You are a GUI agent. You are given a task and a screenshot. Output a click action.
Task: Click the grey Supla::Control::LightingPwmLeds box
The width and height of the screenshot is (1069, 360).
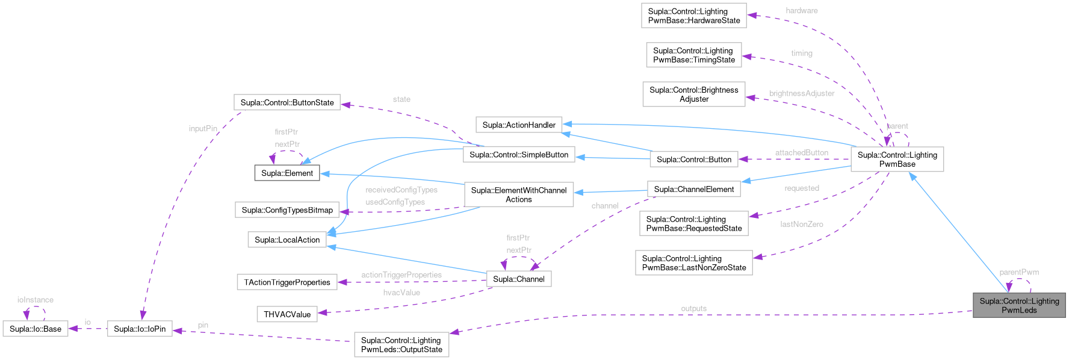coord(1018,306)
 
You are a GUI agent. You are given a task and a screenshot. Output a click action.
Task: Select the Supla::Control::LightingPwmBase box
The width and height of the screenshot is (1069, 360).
coord(897,160)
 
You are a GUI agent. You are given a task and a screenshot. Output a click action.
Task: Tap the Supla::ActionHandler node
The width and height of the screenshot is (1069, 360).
coord(519,125)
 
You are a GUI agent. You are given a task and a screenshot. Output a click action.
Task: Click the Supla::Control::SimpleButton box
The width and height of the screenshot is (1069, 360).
coord(519,155)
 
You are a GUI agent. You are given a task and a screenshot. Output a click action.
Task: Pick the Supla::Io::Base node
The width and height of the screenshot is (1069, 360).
coord(36,329)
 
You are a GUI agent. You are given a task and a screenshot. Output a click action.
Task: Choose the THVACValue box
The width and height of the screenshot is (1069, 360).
coord(287,314)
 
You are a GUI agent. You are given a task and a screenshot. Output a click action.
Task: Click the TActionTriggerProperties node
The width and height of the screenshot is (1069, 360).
coord(287,282)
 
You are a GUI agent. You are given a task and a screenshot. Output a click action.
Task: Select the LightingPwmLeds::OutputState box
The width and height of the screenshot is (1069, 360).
coord(401,345)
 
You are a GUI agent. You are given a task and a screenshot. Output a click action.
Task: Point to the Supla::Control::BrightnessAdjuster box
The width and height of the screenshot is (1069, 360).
coord(693,95)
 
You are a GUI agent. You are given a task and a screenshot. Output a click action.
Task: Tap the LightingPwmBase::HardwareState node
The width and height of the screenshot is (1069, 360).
coord(693,16)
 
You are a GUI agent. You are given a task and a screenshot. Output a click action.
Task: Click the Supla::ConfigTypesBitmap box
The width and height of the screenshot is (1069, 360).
coord(287,210)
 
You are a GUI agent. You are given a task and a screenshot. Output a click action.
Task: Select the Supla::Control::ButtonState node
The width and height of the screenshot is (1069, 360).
coord(287,102)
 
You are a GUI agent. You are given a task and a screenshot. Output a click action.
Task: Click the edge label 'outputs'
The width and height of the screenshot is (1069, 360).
coord(693,308)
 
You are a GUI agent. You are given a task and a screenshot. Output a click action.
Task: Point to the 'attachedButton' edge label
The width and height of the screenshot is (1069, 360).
coord(801,153)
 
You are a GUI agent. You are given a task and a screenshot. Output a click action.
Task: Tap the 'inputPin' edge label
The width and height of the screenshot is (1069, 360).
coord(203,128)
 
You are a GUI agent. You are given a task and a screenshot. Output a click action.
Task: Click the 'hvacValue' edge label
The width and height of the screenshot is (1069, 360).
coord(401,293)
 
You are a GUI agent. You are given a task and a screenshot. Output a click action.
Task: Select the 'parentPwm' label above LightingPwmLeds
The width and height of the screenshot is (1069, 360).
coord(1019,272)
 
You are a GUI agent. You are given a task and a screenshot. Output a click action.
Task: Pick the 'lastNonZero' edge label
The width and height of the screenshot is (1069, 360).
coord(801,224)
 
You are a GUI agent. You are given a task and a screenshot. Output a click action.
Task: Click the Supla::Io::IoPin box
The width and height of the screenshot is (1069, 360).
coord(140,329)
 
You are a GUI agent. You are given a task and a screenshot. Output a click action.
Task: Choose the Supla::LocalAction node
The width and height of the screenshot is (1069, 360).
coord(287,240)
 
